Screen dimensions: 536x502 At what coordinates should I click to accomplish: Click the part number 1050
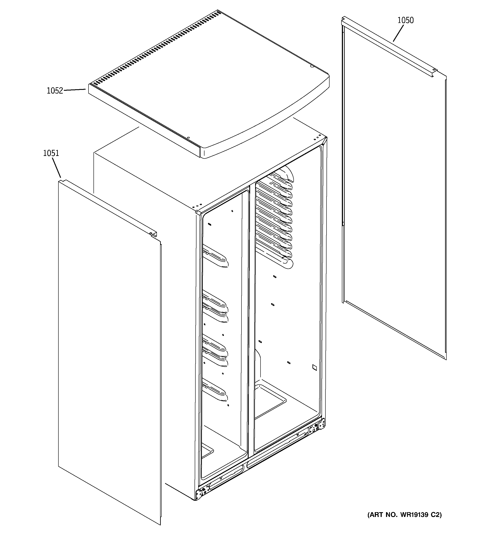pos(405,20)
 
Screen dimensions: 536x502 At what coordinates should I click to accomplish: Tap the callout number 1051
pos(51,153)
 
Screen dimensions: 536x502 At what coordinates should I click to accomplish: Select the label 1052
pos(55,91)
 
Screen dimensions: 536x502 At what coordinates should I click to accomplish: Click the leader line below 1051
pos(57,167)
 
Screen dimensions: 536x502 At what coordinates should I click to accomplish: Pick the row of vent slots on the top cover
pos(154,49)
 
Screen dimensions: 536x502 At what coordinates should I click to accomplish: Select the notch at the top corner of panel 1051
pos(153,233)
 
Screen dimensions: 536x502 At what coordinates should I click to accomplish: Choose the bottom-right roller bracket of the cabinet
pos(320,426)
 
